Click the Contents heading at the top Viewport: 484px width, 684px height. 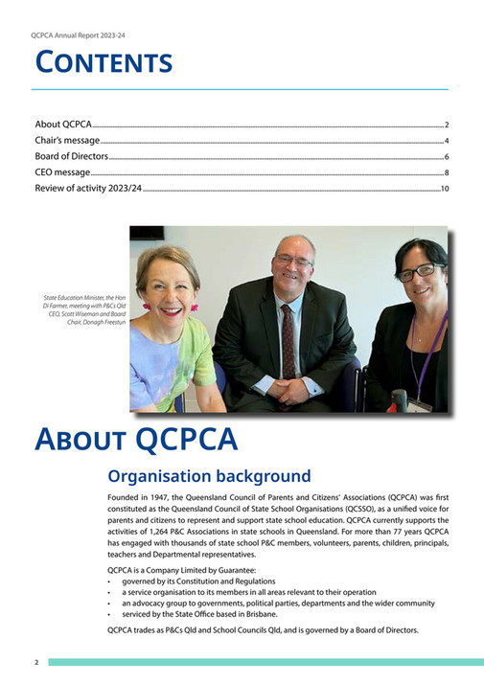(104, 63)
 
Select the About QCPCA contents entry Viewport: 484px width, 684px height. (63, 125)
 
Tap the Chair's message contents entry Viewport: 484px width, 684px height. (67, 141)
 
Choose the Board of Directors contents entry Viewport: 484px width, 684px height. (72, 156)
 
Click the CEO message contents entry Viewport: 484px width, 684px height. (62, 172)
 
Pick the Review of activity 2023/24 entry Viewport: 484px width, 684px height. (88, 189)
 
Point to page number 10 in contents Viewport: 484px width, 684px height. (445, 190)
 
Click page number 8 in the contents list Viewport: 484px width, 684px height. (447, 173)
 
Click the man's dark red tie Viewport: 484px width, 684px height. (288, 341)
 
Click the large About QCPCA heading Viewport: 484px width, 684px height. (135, 440)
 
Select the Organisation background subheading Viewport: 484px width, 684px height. (209, 476)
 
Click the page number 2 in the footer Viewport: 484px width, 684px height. (36, 663)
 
